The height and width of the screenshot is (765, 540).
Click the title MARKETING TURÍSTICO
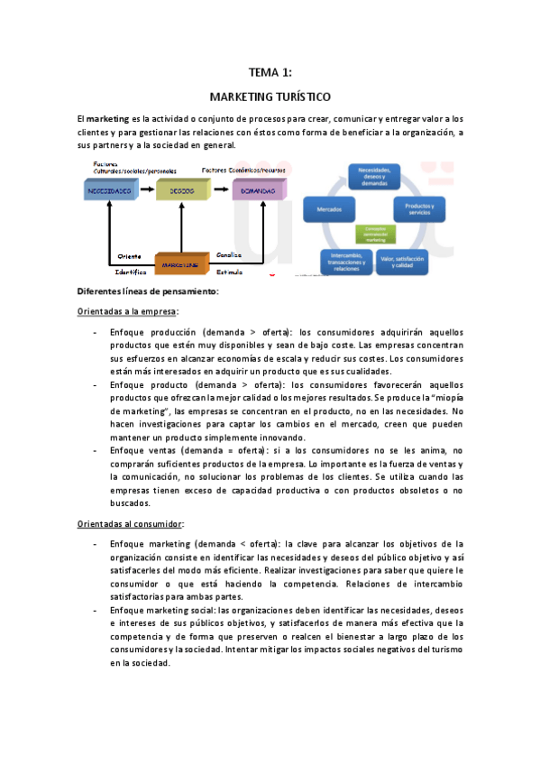pyautogui.click(x=270, y=96)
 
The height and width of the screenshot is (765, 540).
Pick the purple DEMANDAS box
pyautogui.click(x=259, y=191)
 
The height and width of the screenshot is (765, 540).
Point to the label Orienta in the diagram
pyautogui.click(x=131, y=255)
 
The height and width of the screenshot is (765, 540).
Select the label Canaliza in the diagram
pyautogui.click(x=229, y=254)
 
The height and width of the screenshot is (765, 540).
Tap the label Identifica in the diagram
pyautogui.click(x=131, y=271)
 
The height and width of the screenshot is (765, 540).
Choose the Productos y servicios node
pyautogui.click(x=420, y=209)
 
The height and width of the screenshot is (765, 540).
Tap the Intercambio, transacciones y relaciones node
pyautogui.click(x=346, y=260)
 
